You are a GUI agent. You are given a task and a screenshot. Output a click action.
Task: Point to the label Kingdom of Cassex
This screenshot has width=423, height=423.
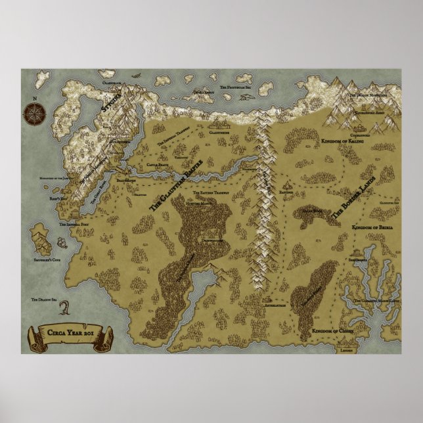[334, 330]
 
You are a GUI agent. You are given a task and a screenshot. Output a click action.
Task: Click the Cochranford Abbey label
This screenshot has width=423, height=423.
[364, 122]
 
